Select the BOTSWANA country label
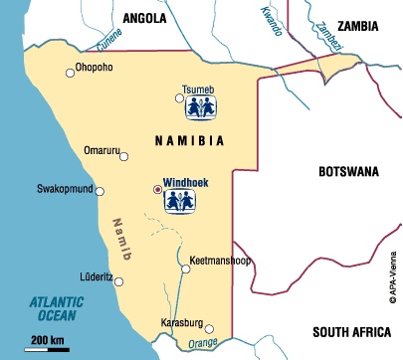tap(348, 172)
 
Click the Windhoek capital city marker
tap(156, 188)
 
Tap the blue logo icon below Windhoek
tap(179, 202)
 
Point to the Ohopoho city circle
tap(69, 71)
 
